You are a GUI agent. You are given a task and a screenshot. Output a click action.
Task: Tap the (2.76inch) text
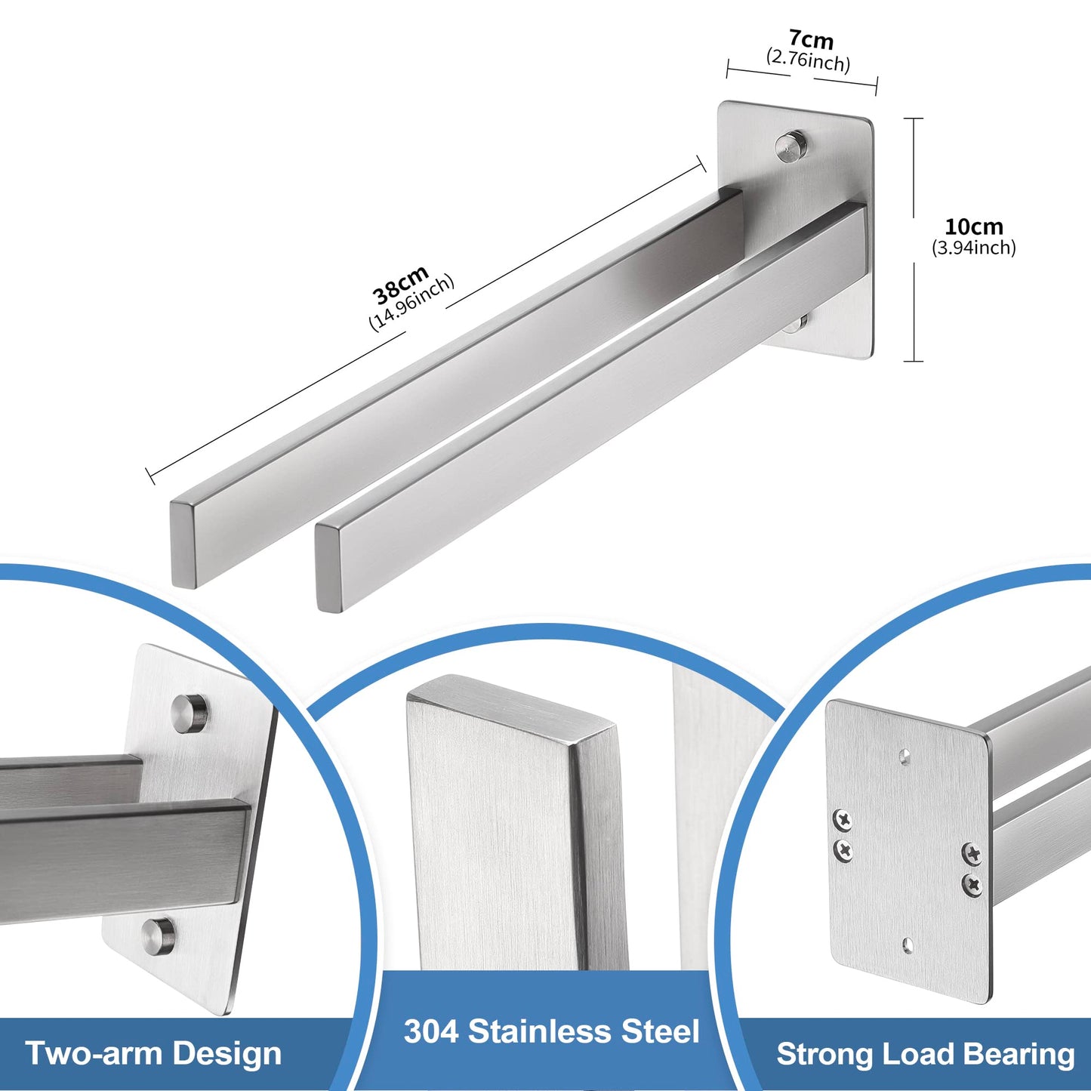[808, 60]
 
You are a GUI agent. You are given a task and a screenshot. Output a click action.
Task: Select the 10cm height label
[974, 227]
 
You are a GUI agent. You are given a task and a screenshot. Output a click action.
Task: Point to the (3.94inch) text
[974, 248]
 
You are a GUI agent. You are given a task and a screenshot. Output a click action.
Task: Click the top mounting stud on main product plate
[792, 147]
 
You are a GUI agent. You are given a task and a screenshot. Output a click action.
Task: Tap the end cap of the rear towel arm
[183, 544]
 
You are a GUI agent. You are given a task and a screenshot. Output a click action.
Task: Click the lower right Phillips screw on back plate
[973, 884]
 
